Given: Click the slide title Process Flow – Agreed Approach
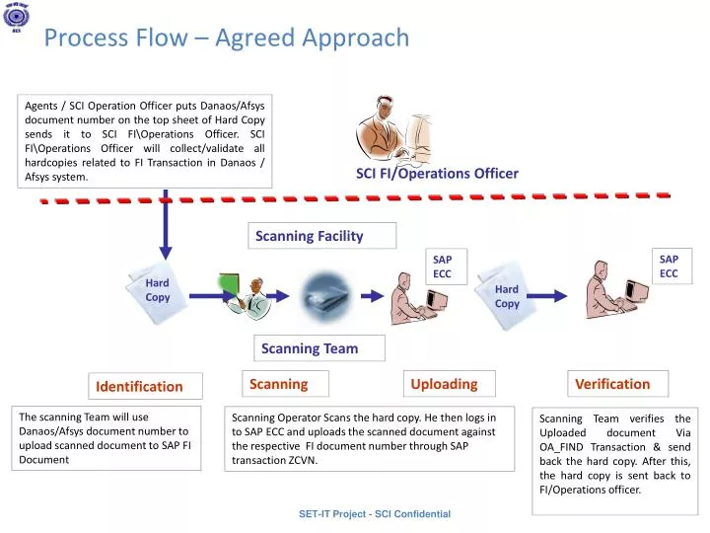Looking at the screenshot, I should click(227, 38).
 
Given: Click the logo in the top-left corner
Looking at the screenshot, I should click(17, 18).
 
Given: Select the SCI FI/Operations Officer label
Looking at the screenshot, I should click(437, 174).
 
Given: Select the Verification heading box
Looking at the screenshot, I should click(611, 384).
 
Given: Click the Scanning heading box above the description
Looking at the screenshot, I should click(278, 384).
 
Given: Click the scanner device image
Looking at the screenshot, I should click(328, 293).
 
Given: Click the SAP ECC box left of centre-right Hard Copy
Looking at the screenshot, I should click(443, 266).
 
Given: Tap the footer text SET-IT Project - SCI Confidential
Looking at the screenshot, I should click(374, 514).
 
